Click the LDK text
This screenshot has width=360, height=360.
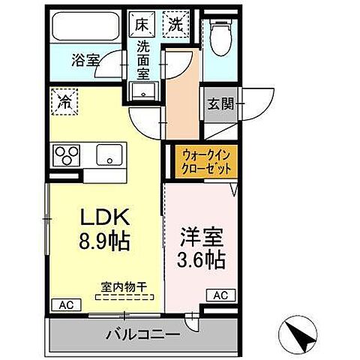tap(106, 218)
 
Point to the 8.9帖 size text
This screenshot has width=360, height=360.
tap(106, 242)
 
